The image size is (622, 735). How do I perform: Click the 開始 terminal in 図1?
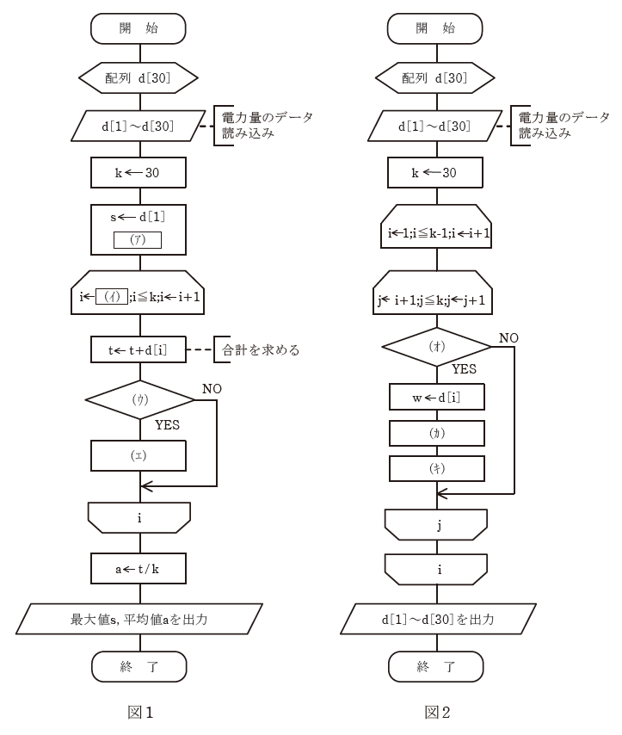(139, 28)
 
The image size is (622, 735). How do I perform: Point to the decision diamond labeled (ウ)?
(139, 402)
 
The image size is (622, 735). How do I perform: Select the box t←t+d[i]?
(139, 350)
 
